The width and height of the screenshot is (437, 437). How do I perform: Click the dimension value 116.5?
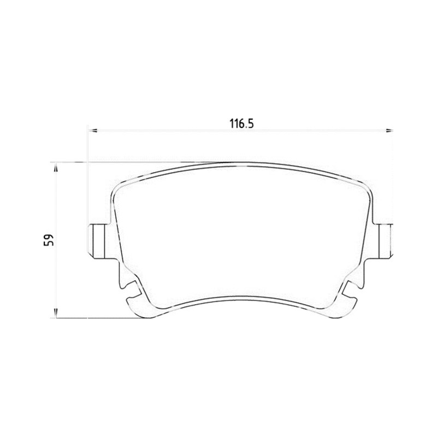coord(241,123)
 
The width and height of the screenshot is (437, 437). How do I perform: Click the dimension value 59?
coord(49,240)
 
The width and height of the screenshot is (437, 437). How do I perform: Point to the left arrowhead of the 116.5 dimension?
coord(92,130)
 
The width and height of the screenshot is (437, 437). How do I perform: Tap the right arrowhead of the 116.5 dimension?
coord(389,130)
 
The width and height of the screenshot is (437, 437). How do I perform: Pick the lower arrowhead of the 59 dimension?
coord(56,313)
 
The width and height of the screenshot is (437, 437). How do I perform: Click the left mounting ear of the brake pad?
coord(99,241)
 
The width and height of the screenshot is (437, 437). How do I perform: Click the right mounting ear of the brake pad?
coord(384,241)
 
